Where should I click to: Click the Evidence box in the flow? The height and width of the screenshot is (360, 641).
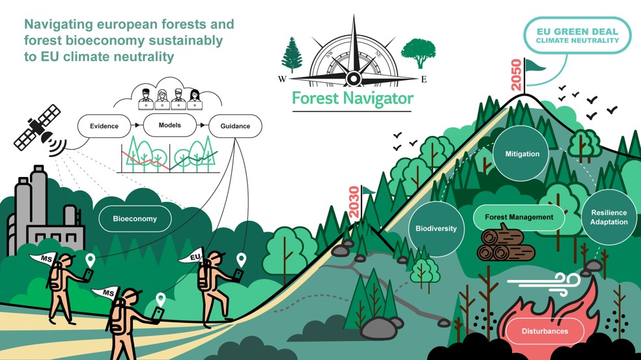pyautogui.click(x=104, y=126)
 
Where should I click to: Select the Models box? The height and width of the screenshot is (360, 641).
pyautogui.click(x=169, y=125)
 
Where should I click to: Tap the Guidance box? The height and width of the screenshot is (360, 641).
pyautogui.click(x=235, y=126)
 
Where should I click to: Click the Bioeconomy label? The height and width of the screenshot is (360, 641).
pyautogui.click(x=135, y=219)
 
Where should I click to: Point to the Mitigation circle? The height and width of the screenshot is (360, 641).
pyautogui.click(x=522, y=154)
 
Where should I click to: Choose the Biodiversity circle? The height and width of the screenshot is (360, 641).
pyautogui.click(x=436, y=228)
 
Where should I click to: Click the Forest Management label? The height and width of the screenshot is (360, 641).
pyautogui.click(x=519, y=217)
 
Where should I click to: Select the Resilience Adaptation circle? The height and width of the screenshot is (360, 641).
pyautogui.click(x=608, y=217)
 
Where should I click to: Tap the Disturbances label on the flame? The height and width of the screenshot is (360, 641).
pyautogui.click(x=545, y=331)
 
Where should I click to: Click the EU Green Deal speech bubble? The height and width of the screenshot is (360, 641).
pyautogui.click(x=577, y=36)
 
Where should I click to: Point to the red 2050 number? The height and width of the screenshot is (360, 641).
pyautogui.click(x=517, y=75)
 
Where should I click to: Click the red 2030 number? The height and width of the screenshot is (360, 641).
pyautogui.click(x=354, y=202)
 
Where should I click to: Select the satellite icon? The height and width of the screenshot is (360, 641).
pyautogui.click(x=40, y=130)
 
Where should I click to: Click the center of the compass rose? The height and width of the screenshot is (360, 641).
pyautogui.click(x=353, y=77)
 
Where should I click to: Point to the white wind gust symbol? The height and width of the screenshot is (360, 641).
pyautogui.click(x=544, y=283)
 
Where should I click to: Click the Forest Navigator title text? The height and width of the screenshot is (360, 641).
pyautogui.click(x=353, y=99)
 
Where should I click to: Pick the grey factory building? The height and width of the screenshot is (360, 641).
pyautogui.click(x=44, y=212)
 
